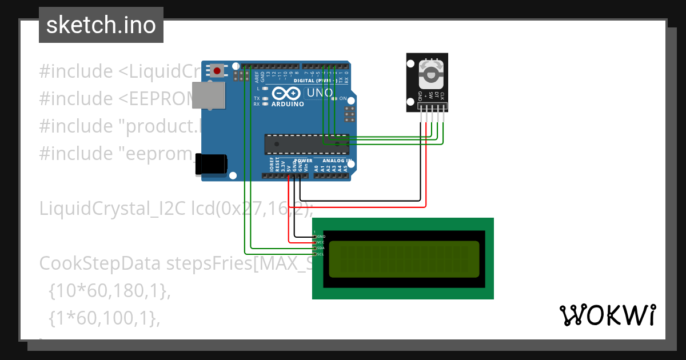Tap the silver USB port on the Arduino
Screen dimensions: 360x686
pyautogui.click(x=208, y=95)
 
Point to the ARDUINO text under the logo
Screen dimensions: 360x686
pyautogui.click(x=288, y=104)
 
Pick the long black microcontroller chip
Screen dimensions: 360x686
pyautogui.click(x=306, y=145)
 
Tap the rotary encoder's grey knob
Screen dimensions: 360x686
pyautogui.click(x=430, y=74)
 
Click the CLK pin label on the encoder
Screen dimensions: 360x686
pyautogui.click(x=442, y=97)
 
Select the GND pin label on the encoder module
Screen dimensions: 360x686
pyautogui.click(x=420, y=97)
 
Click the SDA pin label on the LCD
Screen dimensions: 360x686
pyautogui.click(x=320, y=249)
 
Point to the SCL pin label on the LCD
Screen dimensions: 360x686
pyautogui.click(x=320, y=254)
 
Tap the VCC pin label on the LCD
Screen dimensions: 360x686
pyautogui.click(x=320, y=242)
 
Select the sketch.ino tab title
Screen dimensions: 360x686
pyautogui.click(x=101, y=25)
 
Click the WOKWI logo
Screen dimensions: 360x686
pyautogui.click(x=607, y=315)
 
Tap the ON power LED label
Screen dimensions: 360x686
pyautogui.click(x=343, y=98)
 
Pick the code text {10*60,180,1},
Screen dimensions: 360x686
pyautogui.click(x=110, y=291)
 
